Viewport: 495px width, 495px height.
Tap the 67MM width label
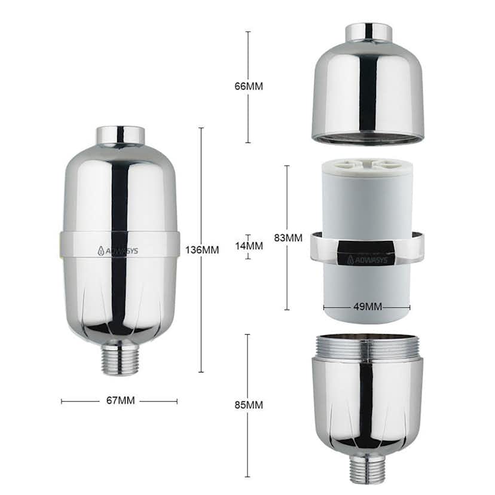coord(120,401)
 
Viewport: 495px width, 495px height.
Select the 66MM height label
coord(248,86)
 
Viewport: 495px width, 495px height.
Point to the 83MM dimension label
coord(288,237)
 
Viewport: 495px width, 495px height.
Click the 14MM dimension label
coord(249,246)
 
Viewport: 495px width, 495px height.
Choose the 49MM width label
coord(367,307)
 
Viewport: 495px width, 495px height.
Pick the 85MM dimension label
coord(248,405)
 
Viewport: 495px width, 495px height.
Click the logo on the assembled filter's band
coord(118,250)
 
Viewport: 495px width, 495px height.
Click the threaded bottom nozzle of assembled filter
coord(120,359)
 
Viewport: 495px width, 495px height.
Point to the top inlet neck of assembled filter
coord(120,136)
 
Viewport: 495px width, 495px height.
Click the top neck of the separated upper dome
coord(368,33)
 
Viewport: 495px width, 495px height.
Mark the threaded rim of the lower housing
coord(367,347)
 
